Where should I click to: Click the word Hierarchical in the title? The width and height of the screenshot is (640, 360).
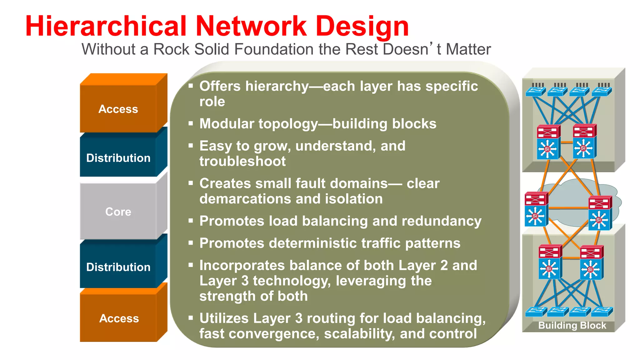click(106, 26)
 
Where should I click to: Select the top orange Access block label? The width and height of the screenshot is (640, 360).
click(118, 109)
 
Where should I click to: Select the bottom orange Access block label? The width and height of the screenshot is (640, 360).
click(119, 318)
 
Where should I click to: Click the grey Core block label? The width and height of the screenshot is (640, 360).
click(118, 212)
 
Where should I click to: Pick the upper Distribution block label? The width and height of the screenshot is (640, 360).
click(118, 158)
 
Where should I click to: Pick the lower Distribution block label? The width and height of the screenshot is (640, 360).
click(118, 267)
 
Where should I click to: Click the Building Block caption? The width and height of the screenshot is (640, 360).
click(572, 325)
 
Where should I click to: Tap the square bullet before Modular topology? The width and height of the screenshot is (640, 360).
click(191, 124)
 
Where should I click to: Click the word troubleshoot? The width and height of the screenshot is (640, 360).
click(242, 162)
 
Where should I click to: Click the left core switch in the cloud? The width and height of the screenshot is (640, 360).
click(536, 209)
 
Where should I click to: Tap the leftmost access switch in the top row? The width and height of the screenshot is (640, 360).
click(535, 91)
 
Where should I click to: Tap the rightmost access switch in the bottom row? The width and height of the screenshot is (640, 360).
click(602, 311)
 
